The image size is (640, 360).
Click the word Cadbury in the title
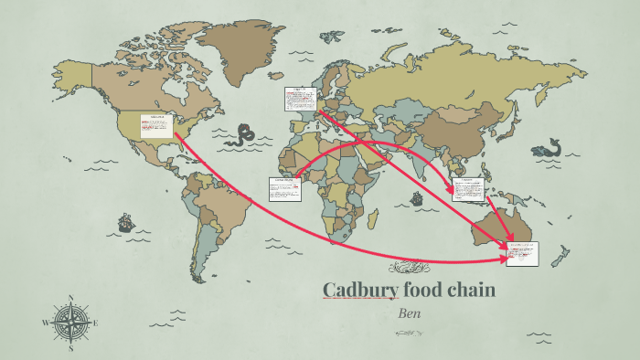354,291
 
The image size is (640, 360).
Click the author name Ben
409,312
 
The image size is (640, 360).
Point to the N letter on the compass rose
70,298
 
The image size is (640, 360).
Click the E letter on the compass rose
95,323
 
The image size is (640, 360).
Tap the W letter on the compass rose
45,323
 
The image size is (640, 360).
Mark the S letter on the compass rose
70,348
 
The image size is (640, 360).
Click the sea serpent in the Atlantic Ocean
242,136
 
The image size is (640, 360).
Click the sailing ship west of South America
123,222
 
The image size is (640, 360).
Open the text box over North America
156,126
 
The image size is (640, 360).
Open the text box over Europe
299,100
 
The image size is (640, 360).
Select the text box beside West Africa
284,188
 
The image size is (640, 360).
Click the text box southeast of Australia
523,253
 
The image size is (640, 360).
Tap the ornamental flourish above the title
409,269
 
